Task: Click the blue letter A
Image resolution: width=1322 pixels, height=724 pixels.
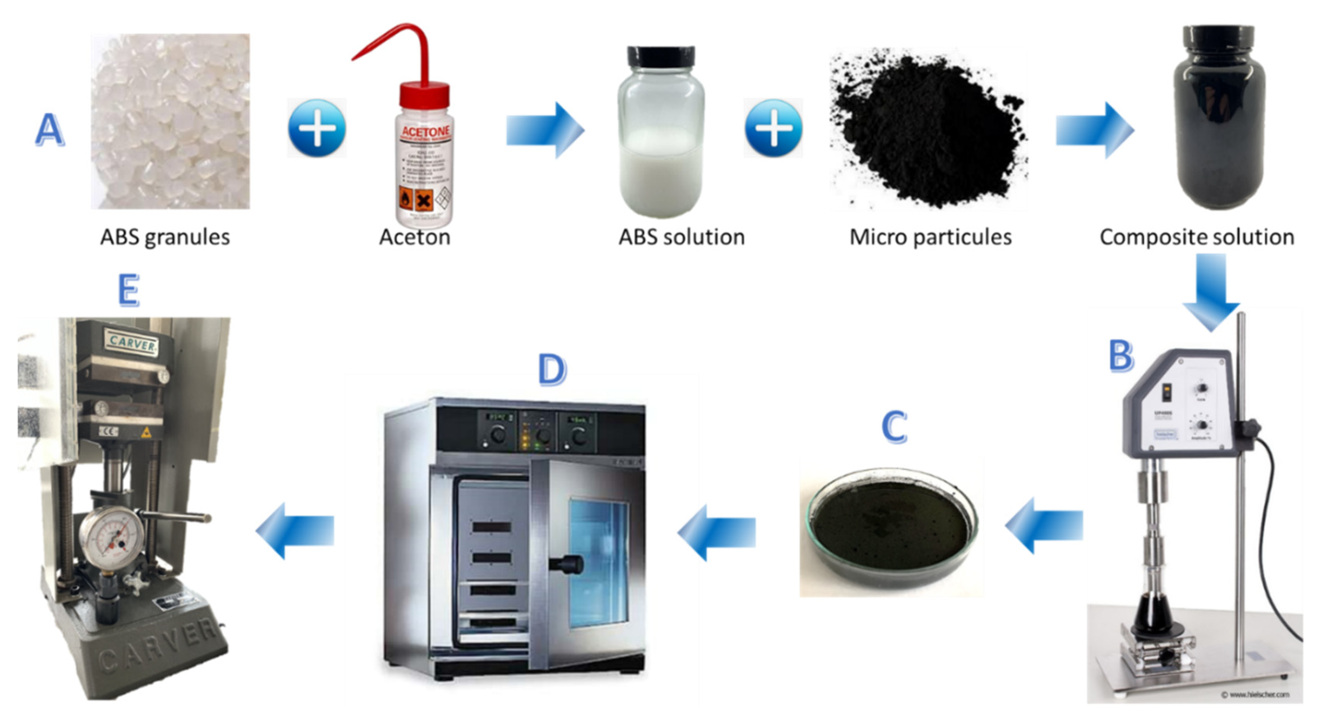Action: [50, 129]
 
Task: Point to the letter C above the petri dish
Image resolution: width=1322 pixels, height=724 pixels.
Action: [894, 427]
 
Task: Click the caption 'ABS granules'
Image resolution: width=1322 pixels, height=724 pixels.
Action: [165, 237]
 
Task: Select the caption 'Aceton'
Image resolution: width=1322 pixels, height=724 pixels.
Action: [415, 237]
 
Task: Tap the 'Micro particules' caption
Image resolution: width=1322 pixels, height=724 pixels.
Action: [930, 237]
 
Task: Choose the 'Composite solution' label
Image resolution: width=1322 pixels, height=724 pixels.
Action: [1197, 237]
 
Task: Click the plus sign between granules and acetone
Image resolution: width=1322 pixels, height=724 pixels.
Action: [317, 128]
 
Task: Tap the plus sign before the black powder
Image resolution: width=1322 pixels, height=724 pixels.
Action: [773, 128]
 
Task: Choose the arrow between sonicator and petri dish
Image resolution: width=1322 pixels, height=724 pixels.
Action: [1044, 526]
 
